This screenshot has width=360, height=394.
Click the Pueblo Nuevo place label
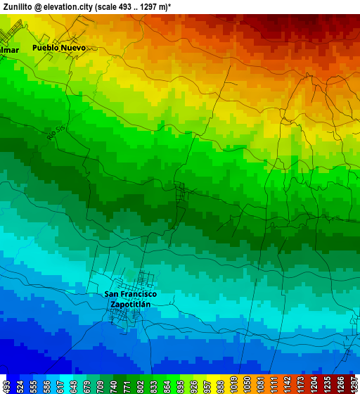[59, 48]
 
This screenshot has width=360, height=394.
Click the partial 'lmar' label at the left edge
[9, 51]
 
